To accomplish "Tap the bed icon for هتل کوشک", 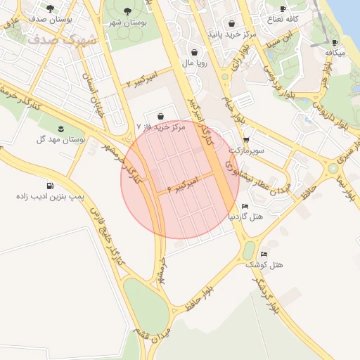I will (x=264, y=254).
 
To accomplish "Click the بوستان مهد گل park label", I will (x=63, y=140).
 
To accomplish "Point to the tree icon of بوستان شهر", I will (x=127, y=11).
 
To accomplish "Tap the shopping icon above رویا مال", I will (x=194, y=52).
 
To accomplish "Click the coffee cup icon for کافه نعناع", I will (x=283, y=9).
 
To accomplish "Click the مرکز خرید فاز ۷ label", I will (x=161, y=128).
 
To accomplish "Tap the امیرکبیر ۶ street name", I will (x=184, y=185).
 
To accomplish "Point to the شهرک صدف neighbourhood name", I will (x=64, y=38).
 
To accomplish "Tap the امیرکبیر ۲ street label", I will (x=142, y=79).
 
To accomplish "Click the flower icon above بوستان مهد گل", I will (x=62, y=128).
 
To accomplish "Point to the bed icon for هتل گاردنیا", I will (x=244, y=206).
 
